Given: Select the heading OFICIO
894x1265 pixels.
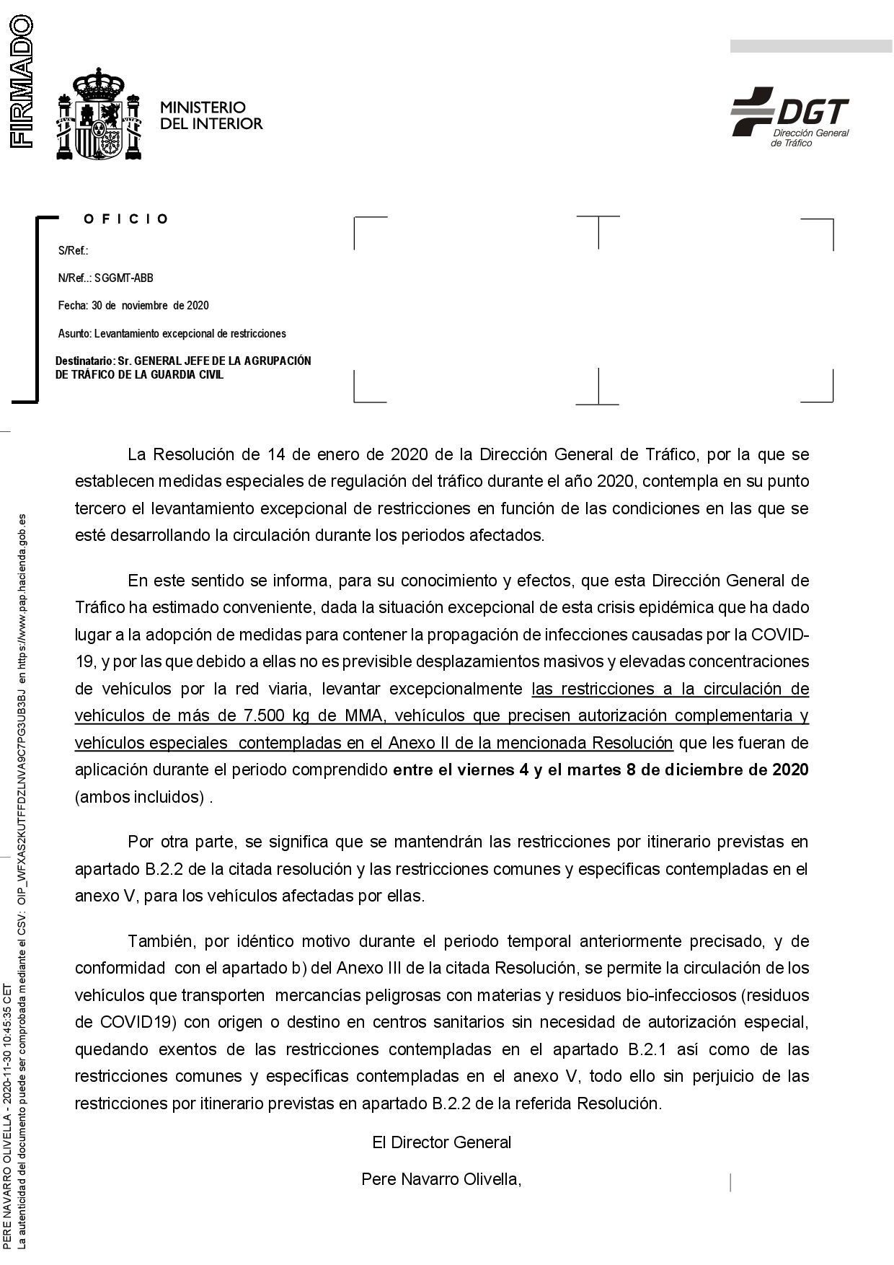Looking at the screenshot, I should pyautogui.click(x=126, y=219).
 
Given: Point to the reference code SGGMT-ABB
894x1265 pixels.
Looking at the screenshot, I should pyautogui.click(x=123, y=278).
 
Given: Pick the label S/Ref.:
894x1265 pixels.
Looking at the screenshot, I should pyautogui.click(x=73, y=251).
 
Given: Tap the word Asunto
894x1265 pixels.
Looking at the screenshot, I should pyautogui.click(x=74, y=334).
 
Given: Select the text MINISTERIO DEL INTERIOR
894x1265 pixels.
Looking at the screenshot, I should pyautogui.click(x=211, y=115).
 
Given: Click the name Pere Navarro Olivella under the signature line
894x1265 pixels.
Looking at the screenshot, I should pyautogui.click(x=441, y=1179).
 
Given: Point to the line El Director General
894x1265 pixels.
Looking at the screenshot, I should pyautogui.click(x=441, y=1142).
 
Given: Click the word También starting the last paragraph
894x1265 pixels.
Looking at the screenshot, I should pyautogui.click(x=163, y=941).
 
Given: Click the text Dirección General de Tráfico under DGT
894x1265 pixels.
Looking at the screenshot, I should pyautogui.click(x=810, y=138).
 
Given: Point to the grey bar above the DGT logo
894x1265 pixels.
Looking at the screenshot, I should pyautogui.click(x=810, y=46).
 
